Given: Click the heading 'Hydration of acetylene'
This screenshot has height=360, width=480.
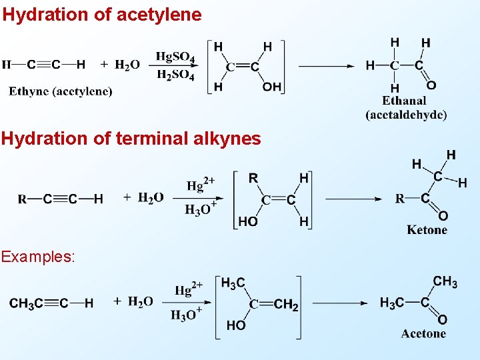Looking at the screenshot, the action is click(x=102, y=14).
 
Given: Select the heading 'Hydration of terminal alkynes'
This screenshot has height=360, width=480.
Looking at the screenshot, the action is click(x=131, y=138).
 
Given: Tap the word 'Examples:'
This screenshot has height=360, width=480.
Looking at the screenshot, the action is click(x=39, y=256).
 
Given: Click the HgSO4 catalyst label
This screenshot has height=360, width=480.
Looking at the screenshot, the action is click(x=175, y=57).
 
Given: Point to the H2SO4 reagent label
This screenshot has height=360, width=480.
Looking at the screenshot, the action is click(x=175, y=75).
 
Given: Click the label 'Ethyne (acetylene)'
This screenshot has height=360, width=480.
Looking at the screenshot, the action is click(x=61, y=91).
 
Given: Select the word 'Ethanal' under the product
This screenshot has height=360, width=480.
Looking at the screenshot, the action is click(x=405, y=101).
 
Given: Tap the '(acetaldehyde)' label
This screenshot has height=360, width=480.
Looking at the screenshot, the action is click(x=406, y=114).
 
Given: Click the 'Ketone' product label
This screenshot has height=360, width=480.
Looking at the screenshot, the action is click(x=427, y=230).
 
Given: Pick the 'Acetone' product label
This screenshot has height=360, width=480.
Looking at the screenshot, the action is click(x=423, y=333).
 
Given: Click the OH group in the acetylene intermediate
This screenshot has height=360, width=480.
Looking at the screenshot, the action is click(x=272, y=87).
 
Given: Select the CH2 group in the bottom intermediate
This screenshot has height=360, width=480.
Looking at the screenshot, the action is click(x=286, y=305).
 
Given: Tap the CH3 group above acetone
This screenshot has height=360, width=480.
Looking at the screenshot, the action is click(x=445, y=282).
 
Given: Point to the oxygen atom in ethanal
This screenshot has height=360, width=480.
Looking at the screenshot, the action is click(x=431, y=85).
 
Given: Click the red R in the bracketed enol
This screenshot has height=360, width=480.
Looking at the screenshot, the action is click(x=253, y=178).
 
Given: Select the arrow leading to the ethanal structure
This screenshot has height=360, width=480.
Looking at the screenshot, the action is click(x=327, y=65).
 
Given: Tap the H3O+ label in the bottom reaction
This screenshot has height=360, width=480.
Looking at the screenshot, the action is click(x=186, y=314).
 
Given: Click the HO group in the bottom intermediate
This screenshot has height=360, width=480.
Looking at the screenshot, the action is click(x=235, y=326).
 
